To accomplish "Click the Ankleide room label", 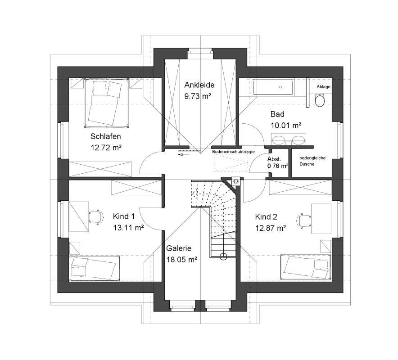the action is click(199, 85).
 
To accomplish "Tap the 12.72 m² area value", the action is click(106, 148).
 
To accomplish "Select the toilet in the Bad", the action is click(320, 100).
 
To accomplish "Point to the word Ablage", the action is click(323, 87).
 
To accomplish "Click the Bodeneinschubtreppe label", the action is click(233, 152).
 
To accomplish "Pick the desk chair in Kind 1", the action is click(96, 217).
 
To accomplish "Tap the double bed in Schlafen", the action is click(106, 103).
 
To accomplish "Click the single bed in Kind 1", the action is click(95, 268).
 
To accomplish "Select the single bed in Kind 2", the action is click(305, 267).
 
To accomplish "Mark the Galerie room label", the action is click(179, 248).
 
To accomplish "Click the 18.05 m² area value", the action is click(182, 259).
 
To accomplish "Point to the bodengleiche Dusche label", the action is click(312, 161).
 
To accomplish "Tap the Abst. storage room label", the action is click(274, 159).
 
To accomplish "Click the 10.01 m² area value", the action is click(286, 125).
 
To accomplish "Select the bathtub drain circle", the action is click(280, 87).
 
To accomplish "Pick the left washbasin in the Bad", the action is click(279, 140).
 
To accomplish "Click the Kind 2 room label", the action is click(266, 217).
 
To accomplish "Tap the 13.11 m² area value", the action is click(128, 228).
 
